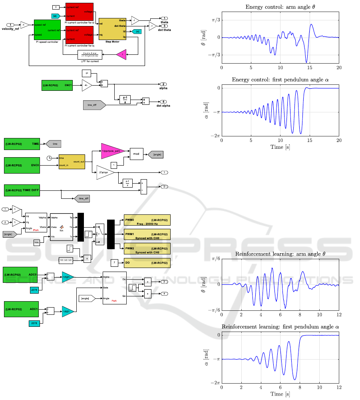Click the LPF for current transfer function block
[x=90, y=54]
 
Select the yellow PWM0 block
[x=147, y=220]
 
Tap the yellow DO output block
[x=147, y=263]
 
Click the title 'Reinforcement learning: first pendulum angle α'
[x=280, y=327]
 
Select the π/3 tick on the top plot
[x=215, y=20]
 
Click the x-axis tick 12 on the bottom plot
[x=338, y=388]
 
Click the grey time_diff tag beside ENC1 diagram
[x=94, y=106]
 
